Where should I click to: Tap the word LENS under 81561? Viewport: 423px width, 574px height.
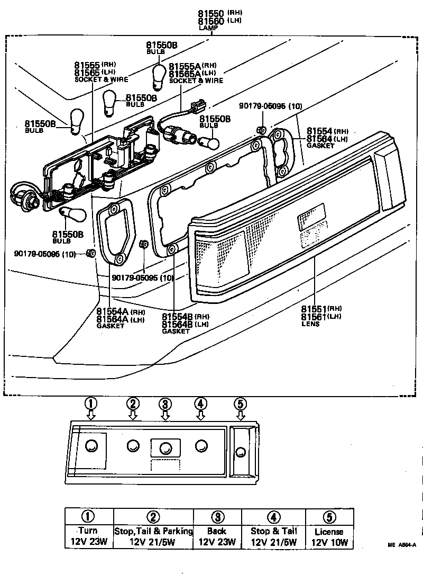point(310,324)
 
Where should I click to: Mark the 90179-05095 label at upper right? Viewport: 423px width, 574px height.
point(270,106)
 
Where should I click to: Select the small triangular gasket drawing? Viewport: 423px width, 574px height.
point(114,233)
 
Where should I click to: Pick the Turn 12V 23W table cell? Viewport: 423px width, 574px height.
point(89,536)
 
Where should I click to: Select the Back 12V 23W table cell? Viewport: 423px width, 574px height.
point(217,536)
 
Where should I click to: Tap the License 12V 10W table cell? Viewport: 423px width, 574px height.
point(329,536)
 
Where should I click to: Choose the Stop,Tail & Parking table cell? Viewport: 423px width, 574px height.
point(153,536)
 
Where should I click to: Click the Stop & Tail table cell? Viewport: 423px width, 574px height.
point(273,536)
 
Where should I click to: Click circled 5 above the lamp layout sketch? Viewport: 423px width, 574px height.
point(240,403)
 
